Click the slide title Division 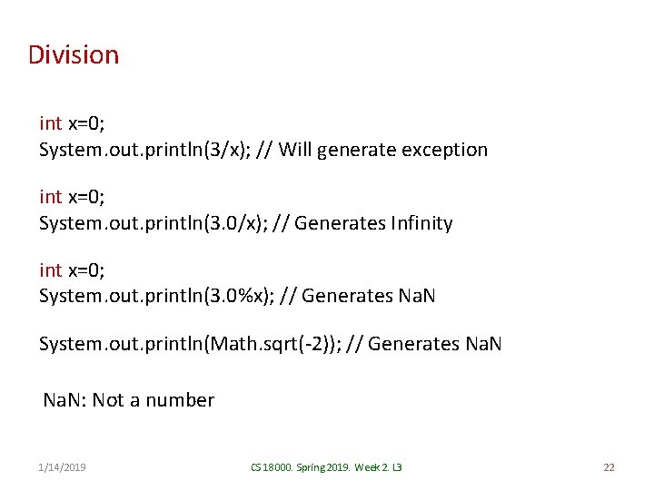[x=74, y=55]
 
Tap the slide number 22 [x=609, y=467]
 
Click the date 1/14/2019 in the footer [x=63, y=467]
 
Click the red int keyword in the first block [x=51, y=122]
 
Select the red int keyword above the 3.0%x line [x=51, y=269]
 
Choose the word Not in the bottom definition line [x=108, y=400]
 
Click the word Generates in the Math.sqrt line [x=413, y=345]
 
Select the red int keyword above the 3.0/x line [x=51, y=196]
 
